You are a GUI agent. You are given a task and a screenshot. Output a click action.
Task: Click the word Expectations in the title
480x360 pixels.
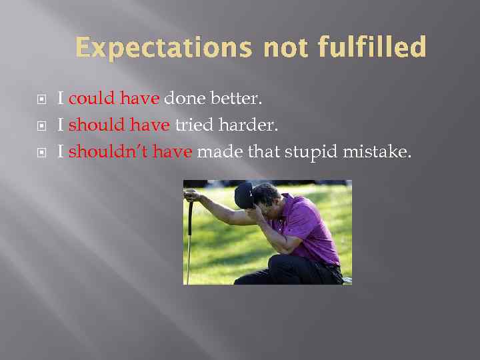pos(164,48)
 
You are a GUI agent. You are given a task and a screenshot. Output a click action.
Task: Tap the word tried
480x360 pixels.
pos(191,126)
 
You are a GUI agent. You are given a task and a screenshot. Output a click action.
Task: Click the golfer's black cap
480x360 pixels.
pos(245,195)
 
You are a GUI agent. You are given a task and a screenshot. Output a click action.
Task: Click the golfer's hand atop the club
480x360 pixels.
pos(192,195)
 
